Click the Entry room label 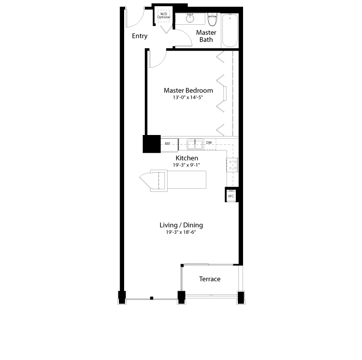point(140,36)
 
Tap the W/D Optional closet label point(164,16)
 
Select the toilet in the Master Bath point(212,20)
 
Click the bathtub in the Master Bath point(230,31)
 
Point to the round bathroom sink point(190,18)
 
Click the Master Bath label point(206,36)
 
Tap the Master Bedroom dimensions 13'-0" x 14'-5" point(188,97)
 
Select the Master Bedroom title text point(188,91)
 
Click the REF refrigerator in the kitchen point(169,145)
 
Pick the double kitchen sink point(195,144)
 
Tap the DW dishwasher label point(209,143)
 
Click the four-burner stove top point(232,165)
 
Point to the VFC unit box point(231,196)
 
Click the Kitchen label point(187,158)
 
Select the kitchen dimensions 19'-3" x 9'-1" point(187,165)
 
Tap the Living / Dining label point(181,225)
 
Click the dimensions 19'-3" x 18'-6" point(181,232)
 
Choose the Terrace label point(209,279)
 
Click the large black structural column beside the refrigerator point(152,144)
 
